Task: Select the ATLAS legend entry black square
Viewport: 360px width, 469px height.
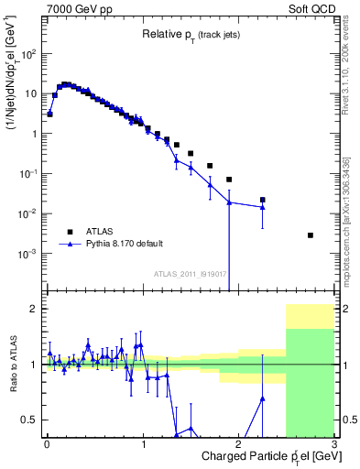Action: (x=68, y=232)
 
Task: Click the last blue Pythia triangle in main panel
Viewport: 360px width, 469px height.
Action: (x=262, y=207)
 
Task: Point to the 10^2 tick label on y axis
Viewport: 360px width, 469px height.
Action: (x=30, y=54)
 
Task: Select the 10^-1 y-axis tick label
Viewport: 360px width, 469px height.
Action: (x=30, y=174)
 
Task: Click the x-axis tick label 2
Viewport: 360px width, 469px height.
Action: (x=238, y=442)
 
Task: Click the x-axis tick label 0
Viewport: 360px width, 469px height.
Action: (x=47, y=442)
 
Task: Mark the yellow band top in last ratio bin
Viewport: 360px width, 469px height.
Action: (x=310, y=305)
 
